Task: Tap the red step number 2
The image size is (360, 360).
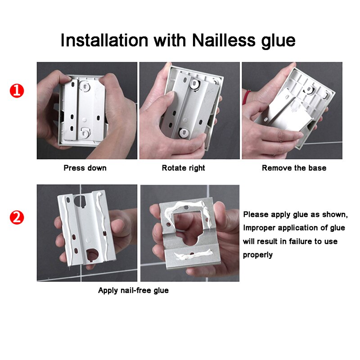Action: (x=17, y=218)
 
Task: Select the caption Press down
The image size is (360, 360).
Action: (x=85, y=168)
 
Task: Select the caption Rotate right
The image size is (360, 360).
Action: (x=183, y=168)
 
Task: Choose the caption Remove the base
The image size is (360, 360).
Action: (x=294, y=168)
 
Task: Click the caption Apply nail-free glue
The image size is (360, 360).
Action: (x=133, y=290)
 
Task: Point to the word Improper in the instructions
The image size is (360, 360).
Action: (x=260, y=228)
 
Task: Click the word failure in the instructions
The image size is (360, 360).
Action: (x=294, y=241)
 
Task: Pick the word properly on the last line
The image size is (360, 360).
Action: (x=258, y=255)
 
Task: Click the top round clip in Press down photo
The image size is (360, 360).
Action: (x=85, y=84)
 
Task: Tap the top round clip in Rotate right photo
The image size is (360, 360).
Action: (x=194, y=84)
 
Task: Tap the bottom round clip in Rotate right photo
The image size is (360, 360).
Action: (x=183, y=132)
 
